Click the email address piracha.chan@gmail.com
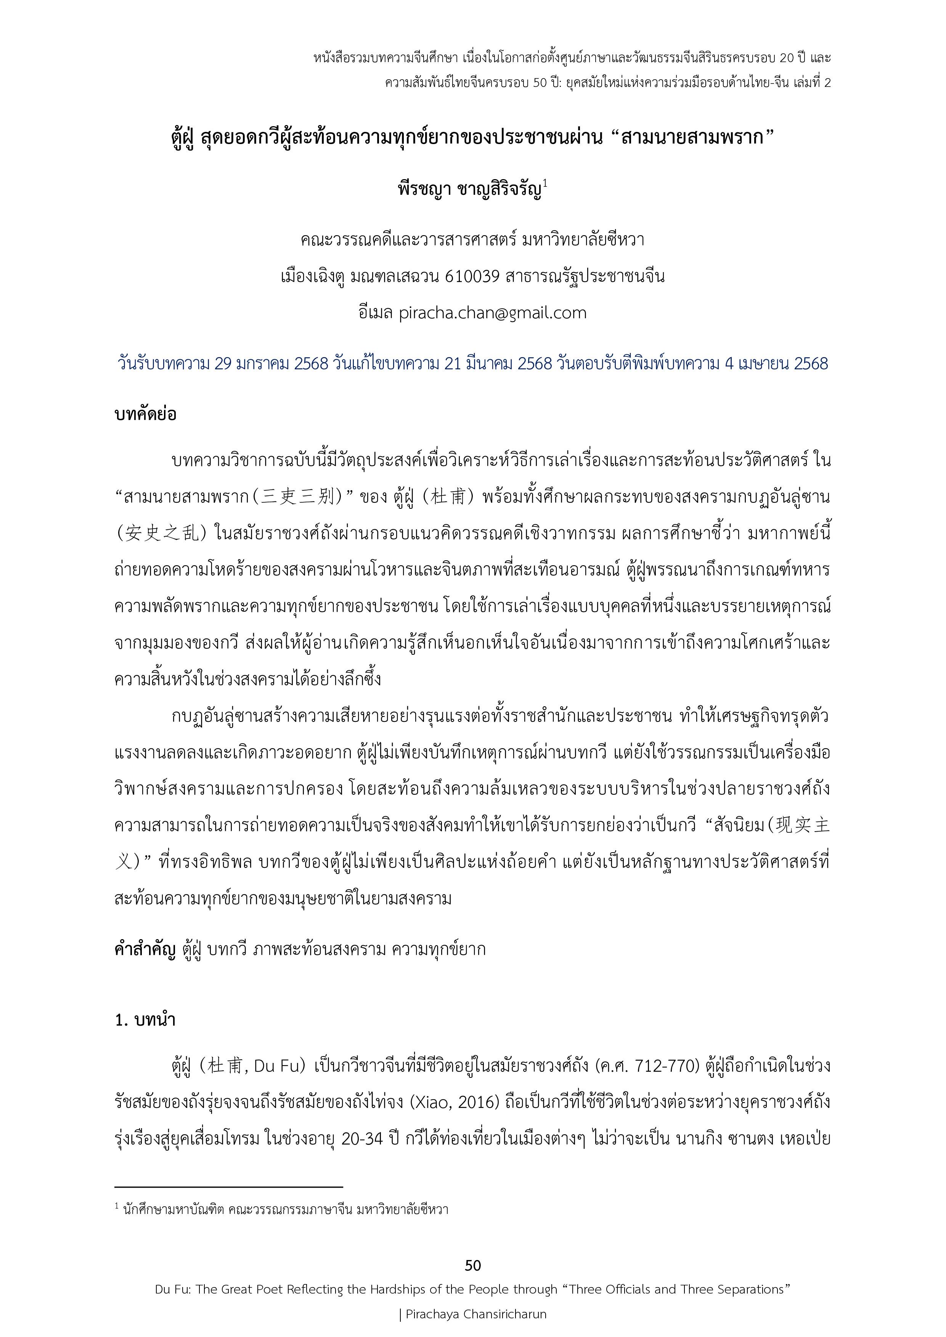tap(492, 313)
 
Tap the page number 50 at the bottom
tap(473, 1265)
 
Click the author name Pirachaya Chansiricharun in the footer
tap(476, 1314)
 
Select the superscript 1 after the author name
tap(545, 184)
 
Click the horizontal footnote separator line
tap(228, 1186)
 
